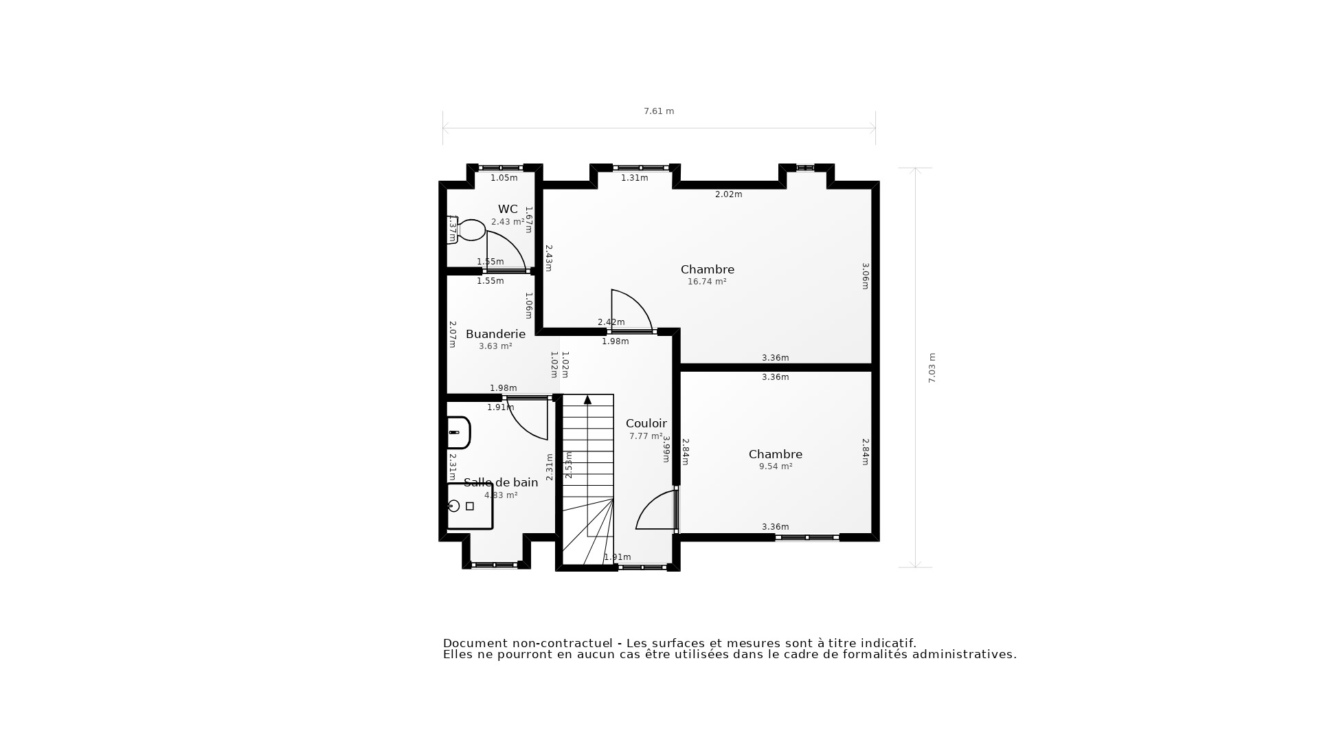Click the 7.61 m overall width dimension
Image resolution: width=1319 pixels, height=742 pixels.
[658, 111]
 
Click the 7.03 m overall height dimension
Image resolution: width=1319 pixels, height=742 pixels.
[932, 368]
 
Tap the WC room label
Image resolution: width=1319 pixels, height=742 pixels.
[508, 210]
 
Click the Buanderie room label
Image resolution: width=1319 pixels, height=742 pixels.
[495, 335]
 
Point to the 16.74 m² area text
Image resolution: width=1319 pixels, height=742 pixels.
[707, 282]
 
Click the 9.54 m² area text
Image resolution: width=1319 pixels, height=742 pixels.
[776, 466]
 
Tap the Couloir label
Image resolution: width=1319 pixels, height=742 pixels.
[646, 424]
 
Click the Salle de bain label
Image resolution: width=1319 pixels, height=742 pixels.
[501, 483]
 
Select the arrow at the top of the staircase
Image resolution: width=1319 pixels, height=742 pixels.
[587, 400]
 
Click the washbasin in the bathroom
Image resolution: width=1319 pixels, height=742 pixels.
[458, 433]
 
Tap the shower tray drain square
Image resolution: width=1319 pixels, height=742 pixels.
[470, 506]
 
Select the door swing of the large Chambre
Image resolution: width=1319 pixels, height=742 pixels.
[630, 311]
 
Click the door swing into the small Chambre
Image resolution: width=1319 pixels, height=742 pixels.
[656, 510]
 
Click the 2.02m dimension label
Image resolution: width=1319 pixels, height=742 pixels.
[728, 194]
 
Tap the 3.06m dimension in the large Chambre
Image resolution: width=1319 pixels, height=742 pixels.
[866, 276]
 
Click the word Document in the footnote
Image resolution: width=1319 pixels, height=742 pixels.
[474, 644]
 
